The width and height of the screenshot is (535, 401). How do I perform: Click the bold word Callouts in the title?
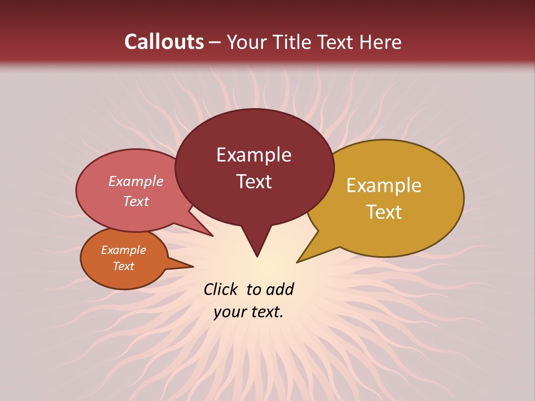164,42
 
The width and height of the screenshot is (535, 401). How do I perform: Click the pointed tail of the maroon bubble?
256,245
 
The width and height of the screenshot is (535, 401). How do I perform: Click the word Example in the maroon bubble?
254,155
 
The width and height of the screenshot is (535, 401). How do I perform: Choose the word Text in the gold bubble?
384,212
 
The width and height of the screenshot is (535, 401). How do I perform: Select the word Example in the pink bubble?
136,181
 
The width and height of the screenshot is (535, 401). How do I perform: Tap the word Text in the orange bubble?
124,266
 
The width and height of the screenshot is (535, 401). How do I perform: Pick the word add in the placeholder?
280,289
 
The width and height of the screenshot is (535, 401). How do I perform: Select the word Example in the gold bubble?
384,185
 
